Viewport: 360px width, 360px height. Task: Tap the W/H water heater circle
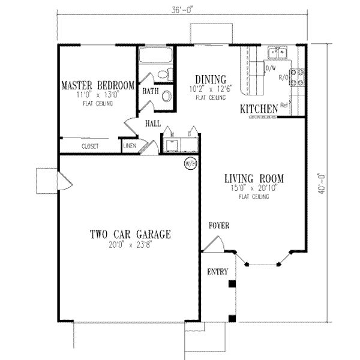191,163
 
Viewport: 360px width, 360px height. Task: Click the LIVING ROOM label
254,179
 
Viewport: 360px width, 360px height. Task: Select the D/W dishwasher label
270,68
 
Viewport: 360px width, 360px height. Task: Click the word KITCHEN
259,109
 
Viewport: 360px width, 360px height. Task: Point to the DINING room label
210,79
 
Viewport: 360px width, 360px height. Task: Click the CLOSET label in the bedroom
91,146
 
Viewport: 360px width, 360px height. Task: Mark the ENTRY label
218,272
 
